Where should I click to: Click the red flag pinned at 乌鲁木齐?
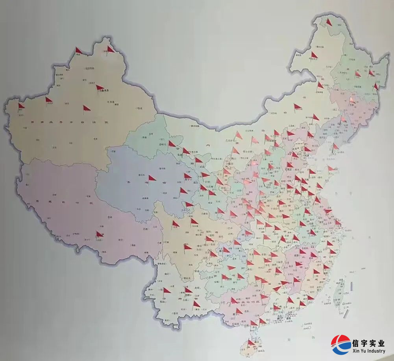pos(100,88)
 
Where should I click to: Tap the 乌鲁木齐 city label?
pos(103,91)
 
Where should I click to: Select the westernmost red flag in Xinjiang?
pos(21,106)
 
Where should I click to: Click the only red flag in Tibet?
pos(99,234)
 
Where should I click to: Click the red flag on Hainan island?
pos(251,343)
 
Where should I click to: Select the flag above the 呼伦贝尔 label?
pos(313,55)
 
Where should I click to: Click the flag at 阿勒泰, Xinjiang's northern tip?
pos(111,49)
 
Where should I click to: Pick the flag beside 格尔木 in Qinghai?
pos(152,178)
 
